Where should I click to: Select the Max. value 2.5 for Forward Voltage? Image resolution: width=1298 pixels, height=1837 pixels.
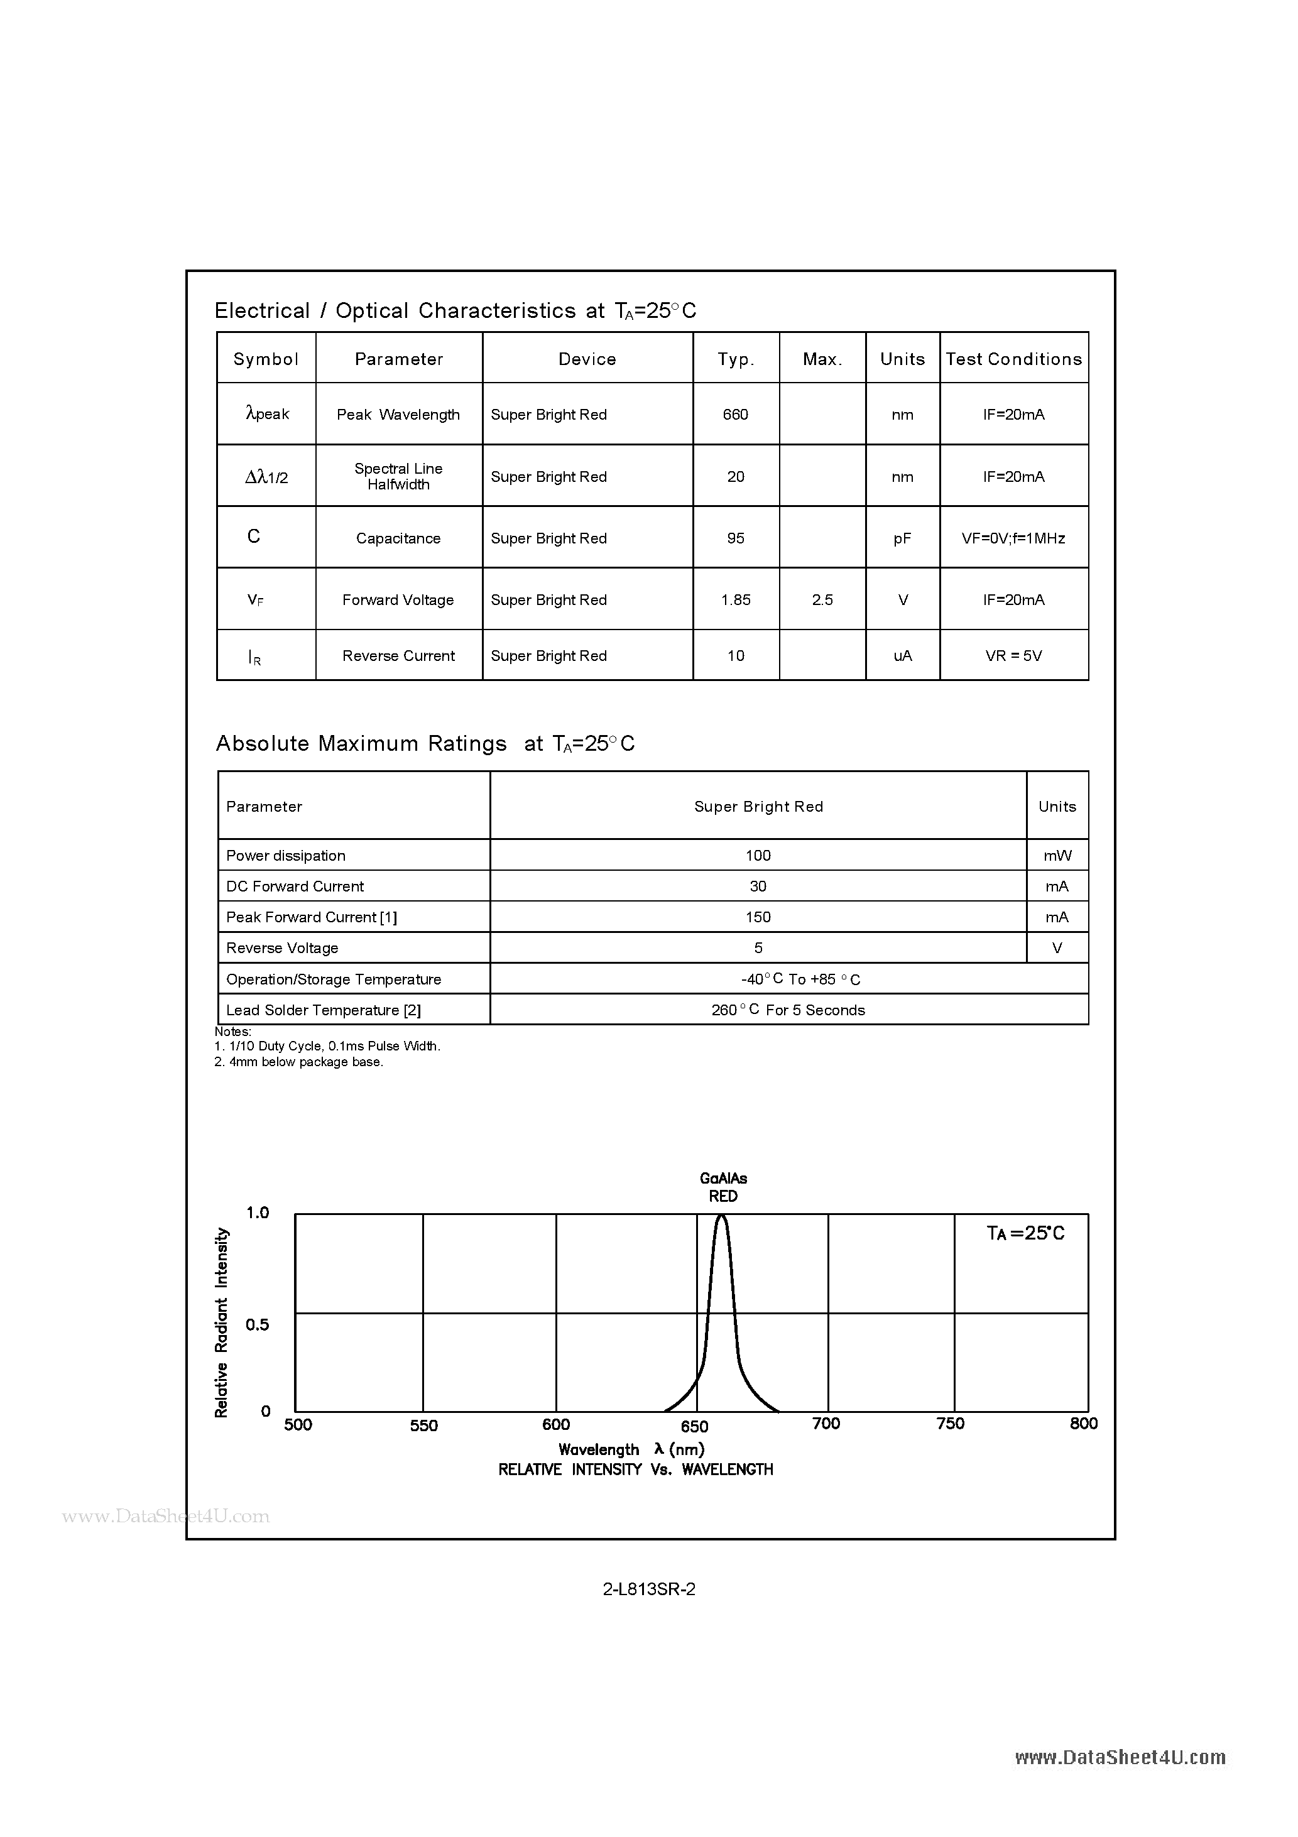[x=822, y=600]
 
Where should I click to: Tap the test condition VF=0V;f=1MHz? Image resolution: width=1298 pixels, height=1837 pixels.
[x=1013, y=538]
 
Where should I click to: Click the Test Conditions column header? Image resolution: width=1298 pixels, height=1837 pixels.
[x=1013, y=359]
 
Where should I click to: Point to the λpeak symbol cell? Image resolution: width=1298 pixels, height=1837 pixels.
[x=267, y=413]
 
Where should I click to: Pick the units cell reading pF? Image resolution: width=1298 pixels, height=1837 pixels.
[x=902, y=538]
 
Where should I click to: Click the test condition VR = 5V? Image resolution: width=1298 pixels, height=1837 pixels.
[x=1013, y=656]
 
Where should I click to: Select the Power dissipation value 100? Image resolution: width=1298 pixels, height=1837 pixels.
[x=758, y=855]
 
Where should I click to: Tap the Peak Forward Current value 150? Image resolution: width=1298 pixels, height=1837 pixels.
[x=758, y=917]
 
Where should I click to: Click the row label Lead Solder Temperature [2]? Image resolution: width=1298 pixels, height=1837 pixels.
[x=324, y=1010]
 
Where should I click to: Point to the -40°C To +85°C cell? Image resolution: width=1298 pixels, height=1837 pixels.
[x=788, y=979]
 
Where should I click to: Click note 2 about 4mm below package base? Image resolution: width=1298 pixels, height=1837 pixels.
[x=299, y=1062]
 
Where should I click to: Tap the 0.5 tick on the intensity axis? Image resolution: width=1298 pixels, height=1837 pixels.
[x=258, y=1324]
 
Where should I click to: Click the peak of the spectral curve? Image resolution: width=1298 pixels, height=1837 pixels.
[x=722, y=1217]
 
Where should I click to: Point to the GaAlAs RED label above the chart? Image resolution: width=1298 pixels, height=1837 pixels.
[x=723, y=1187]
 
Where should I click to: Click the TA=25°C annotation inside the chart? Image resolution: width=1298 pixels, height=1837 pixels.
[x=1025, y=1233]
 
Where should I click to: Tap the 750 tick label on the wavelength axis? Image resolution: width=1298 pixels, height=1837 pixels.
[x=950, y=1424]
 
